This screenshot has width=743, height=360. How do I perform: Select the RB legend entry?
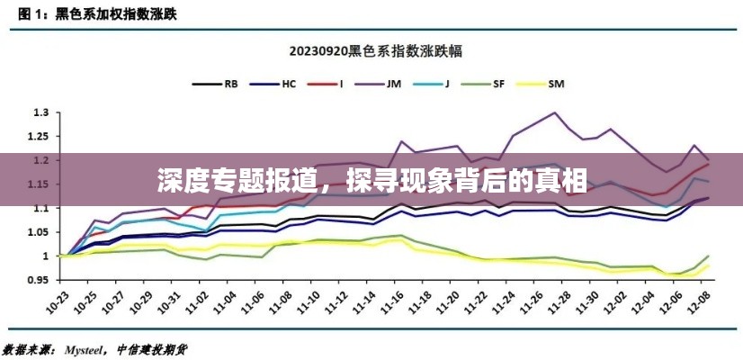[x=231, y=84]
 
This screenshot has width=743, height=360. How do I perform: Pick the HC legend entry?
[x=289, y=84]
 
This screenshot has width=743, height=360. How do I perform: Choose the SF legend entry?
[x=497, y=84]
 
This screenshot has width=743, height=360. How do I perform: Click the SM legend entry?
[x=555, y=84]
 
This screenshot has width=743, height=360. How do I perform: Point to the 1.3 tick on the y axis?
[x=39, y=113]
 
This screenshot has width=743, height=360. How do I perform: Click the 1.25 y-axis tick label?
[x=37, y=137]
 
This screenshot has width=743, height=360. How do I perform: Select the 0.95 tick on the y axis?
[x=37, y=280]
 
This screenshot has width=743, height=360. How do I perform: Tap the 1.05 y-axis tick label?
[x=37, y=232]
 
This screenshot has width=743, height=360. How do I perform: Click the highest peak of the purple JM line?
[x=554, y=113]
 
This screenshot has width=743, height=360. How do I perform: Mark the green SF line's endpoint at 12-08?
[x=709, y=256]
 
